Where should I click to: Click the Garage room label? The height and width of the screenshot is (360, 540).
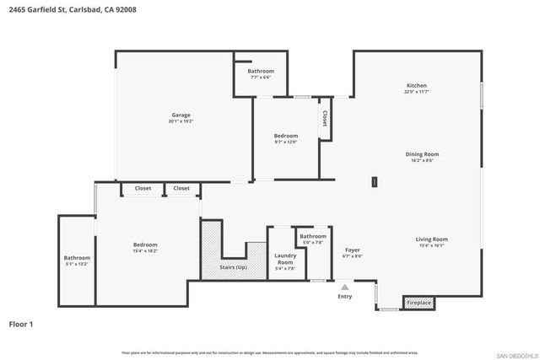pos(180,115)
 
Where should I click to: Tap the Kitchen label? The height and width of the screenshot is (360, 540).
pos(417,86)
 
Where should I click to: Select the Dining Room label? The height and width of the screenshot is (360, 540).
pos(422,154)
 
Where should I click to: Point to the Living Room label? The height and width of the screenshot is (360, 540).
pos(431,239)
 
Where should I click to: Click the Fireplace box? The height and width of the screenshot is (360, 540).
pos(418,302)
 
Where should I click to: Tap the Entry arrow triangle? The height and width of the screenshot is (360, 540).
pos(344,287)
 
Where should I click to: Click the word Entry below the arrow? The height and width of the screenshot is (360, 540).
pos(344,297)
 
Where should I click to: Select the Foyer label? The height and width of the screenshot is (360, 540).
pos(353,250)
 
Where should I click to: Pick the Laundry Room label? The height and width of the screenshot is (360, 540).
pos(284,259)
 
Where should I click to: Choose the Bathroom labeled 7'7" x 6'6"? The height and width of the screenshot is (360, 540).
pos(261,71)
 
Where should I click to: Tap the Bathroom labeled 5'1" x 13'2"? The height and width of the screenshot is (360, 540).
pos(77,258)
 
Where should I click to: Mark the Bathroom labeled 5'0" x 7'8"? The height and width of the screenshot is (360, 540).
pos(312,237)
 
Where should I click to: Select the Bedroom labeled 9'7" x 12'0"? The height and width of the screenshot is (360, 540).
pos(285,136)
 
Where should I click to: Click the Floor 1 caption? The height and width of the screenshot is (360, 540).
pos(21,323)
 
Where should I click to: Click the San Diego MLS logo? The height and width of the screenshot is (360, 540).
pos(515,354)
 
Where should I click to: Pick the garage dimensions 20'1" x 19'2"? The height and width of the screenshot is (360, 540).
pos(180,121)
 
